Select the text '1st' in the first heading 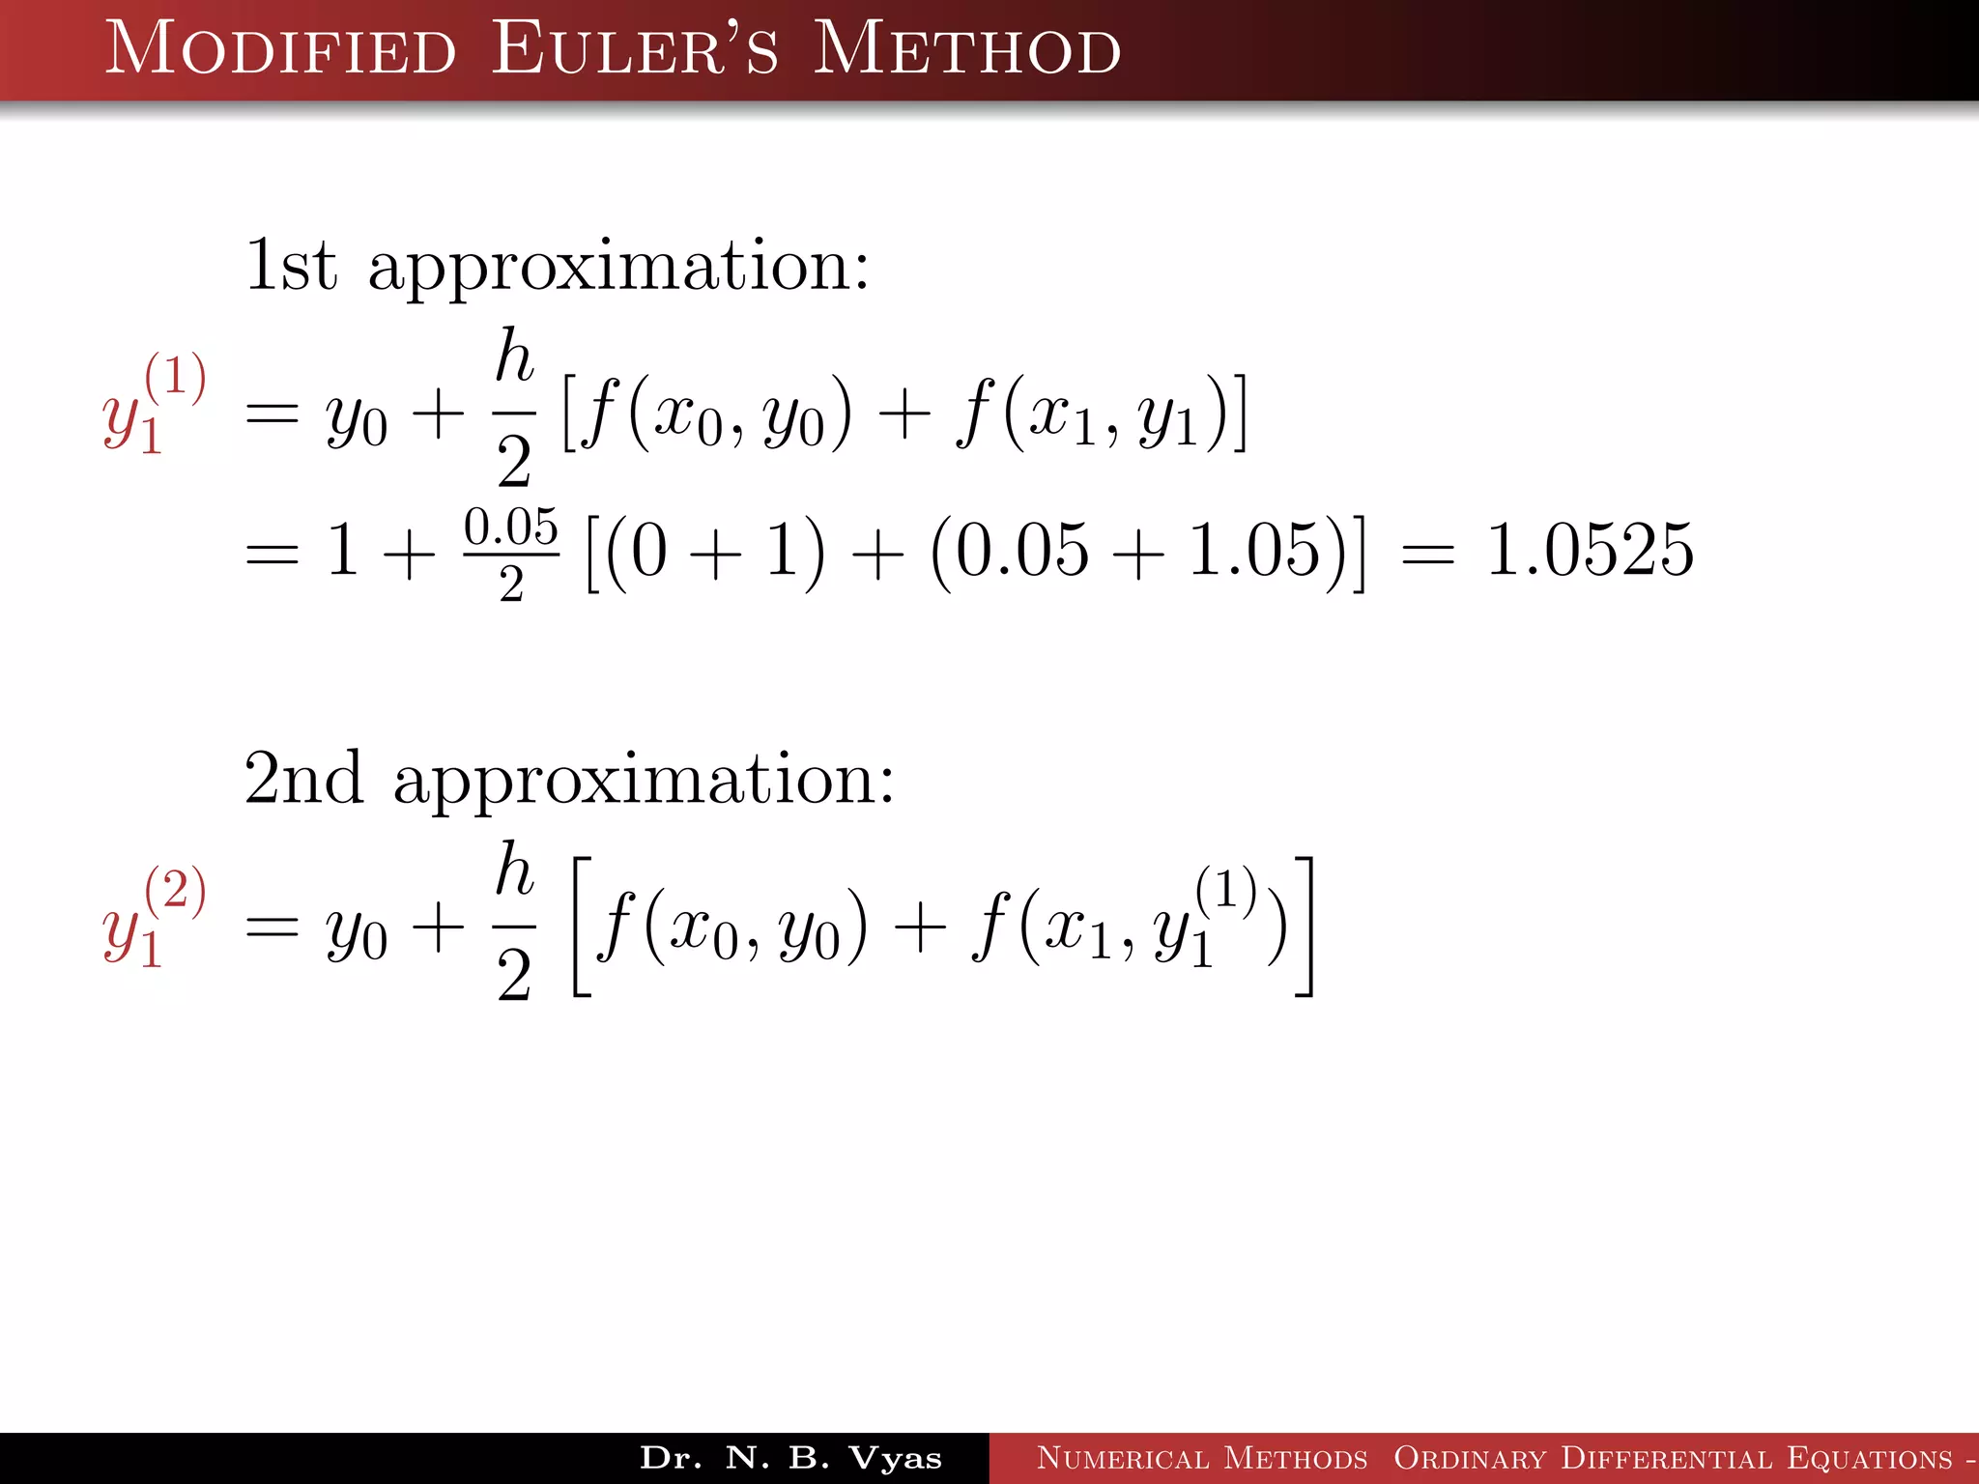[x=291, y=265]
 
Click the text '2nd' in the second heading [x=303, y=779]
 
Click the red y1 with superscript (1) [x=154, y=404]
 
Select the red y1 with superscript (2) [x=154, y=918]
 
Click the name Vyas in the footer [x=895, y=1458]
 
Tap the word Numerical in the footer [x=1122, y=1458]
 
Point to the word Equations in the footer [x=1870, y=1458]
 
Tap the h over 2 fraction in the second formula [x=514, y=922]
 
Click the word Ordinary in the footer [x=1470, y=1458]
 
